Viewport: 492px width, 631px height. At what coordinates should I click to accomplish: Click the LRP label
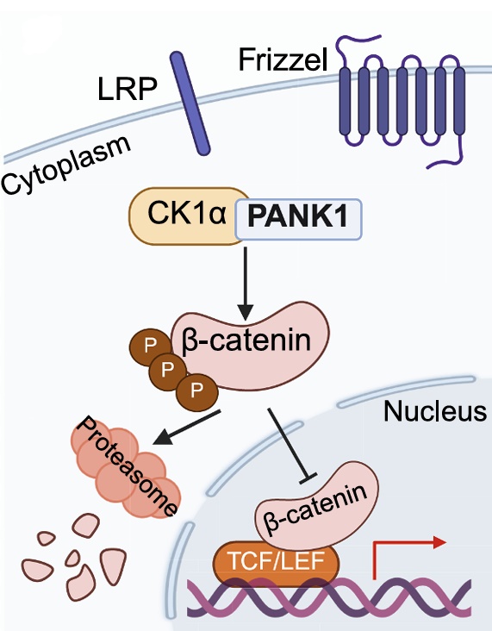tap(128, 89)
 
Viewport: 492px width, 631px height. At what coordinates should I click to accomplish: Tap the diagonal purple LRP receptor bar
tap(190, 103)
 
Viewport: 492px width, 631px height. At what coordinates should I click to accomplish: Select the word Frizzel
tap(283, 60)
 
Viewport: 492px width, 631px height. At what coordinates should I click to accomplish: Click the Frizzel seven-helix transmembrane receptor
tap(401, 101)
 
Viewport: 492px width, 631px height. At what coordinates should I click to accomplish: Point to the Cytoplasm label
tap(66, 164)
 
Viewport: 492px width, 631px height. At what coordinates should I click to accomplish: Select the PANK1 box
tap(298, 219)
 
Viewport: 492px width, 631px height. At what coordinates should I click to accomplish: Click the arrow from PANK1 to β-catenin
tap(246, 284)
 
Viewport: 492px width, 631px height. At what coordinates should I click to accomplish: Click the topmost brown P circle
tap(150, 346)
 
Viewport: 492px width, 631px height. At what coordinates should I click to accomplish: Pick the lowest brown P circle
tap(197, 391)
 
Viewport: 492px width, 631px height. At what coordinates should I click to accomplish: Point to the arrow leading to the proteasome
tap(187, 428)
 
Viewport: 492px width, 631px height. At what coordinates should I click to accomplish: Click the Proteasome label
tap(128, 465)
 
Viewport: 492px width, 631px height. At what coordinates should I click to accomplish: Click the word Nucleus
tap(435, 411)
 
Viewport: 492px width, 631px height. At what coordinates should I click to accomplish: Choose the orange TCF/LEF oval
tap(276, 563)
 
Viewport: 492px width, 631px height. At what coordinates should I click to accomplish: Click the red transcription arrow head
tap(439, 542)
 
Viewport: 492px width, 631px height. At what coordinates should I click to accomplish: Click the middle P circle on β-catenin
tap(167, 370)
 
